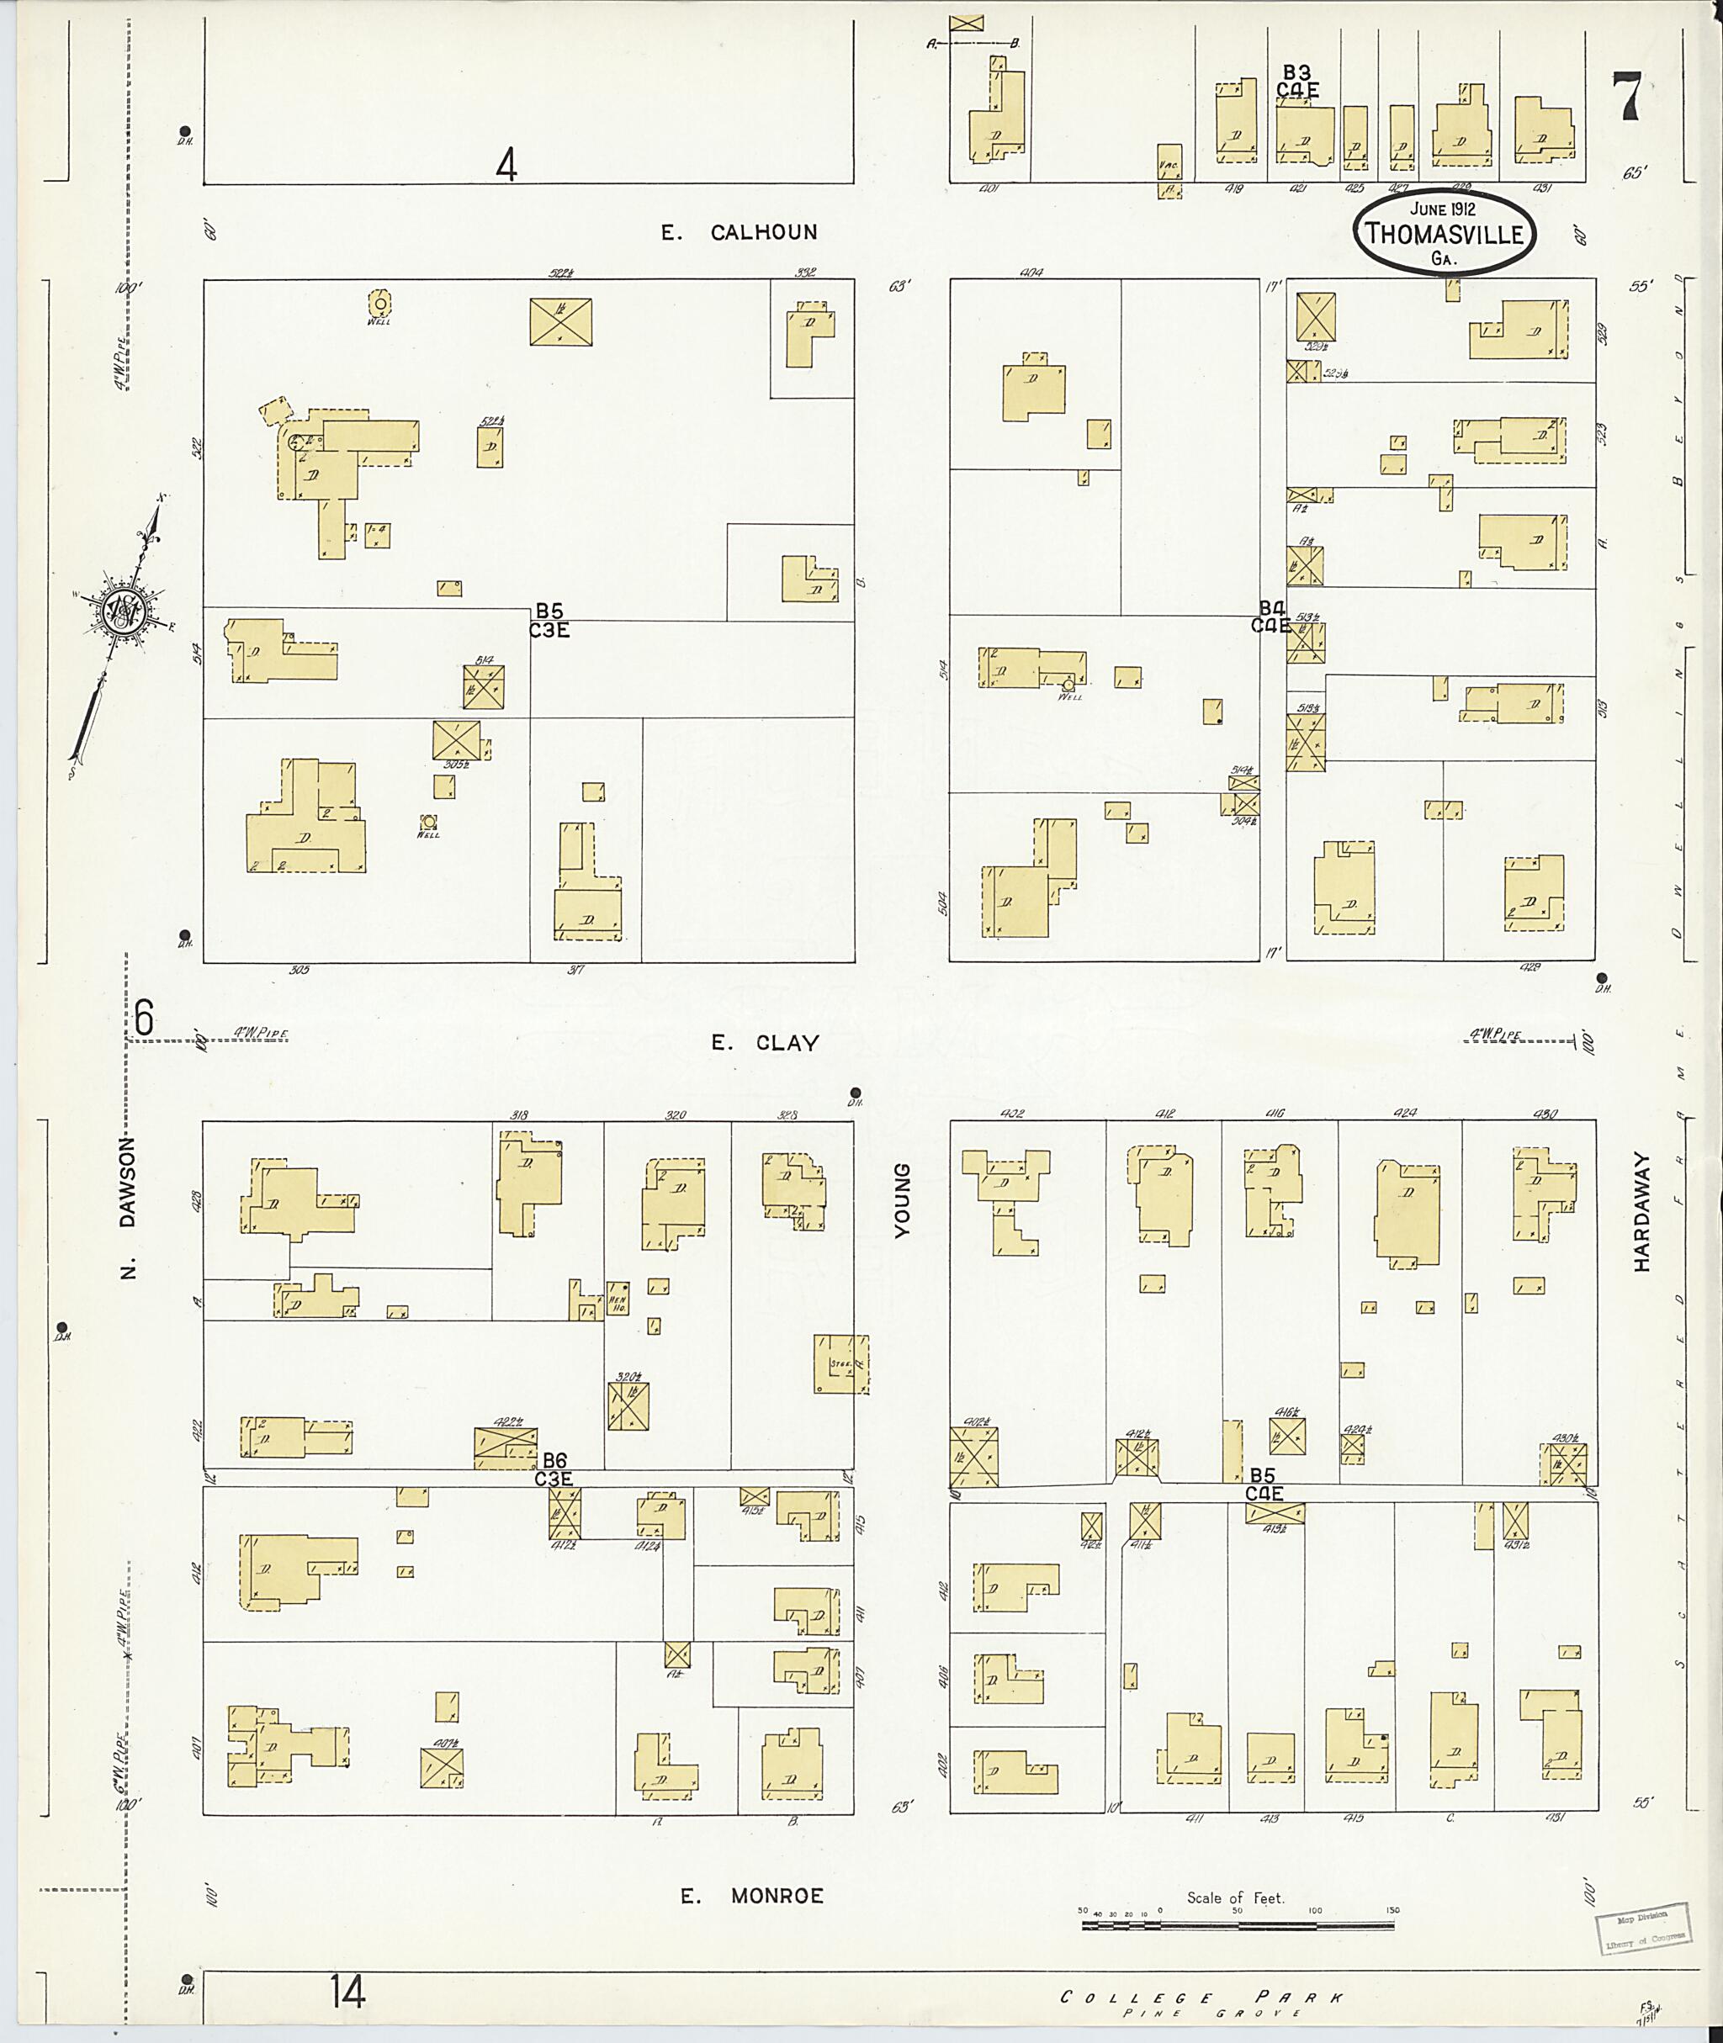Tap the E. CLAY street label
(764, 1043)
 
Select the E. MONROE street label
(752, 1896)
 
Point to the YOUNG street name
(902, 1200)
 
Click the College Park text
(1201, 1997)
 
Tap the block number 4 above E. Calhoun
(505, 164)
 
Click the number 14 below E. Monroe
(347, 1991)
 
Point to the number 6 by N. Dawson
(144, 1019)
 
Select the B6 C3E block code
(554, 1469)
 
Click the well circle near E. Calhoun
(379, 304)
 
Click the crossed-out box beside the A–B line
(966, 23)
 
